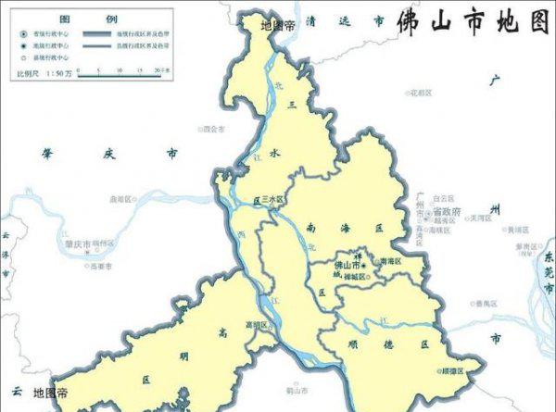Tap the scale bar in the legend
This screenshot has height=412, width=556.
[120, 74]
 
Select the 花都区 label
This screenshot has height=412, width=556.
[421, 93]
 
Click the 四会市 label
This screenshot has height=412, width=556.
[214, 129]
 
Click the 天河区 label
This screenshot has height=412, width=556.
[479, 219]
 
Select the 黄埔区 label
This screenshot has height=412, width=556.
[515, 229]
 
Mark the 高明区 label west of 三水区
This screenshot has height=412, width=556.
[121, 199]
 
